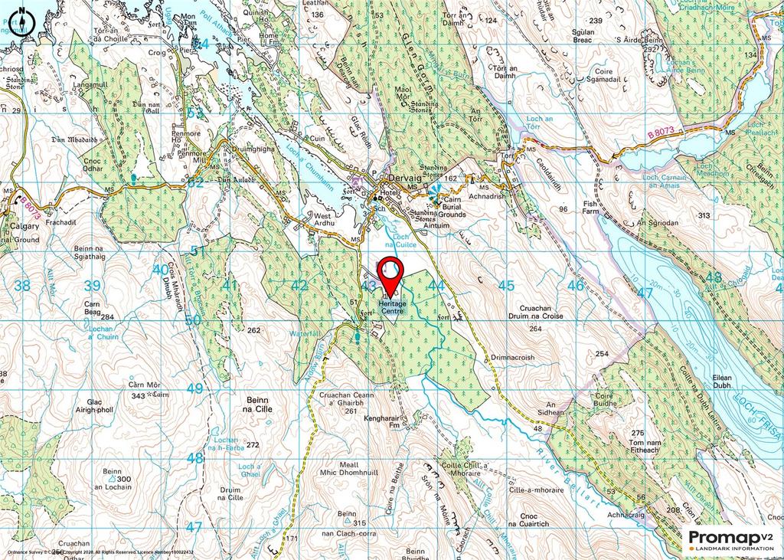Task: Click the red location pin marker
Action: (390, 274)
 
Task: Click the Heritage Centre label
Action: (391, 306)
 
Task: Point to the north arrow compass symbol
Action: (24, 21)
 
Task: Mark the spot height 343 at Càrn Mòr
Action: (139, 395)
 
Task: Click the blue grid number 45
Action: (506, 286)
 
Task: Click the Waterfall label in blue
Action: (307, 335)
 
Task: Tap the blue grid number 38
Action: (22, 286)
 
